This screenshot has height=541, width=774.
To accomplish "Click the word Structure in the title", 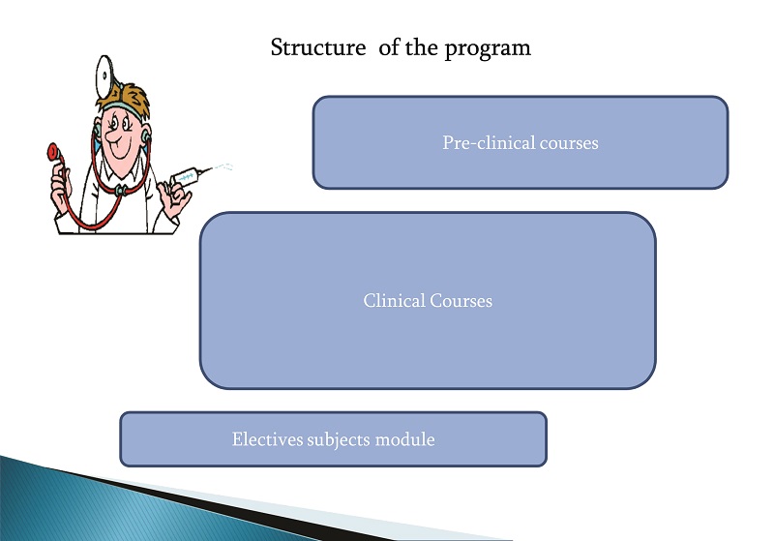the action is pyautogui.click(x=318, y=47).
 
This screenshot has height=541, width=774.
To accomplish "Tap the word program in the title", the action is pyautogui.click(x=488, y=49).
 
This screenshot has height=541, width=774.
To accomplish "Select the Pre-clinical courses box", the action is pyautogui.click(x=521, y=142).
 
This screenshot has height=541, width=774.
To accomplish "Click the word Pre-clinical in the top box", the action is pyautogui.click(x=489, y=142).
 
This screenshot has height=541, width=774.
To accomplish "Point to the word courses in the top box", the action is pyautogui.click(x=569, y=143).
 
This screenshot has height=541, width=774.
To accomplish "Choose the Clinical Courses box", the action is pyautogui.click(x=428, y=301).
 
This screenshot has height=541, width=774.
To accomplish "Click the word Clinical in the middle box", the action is pyautogui.click(x=394, y=301).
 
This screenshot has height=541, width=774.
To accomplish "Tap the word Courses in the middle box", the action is pyautogui.click(x=461, y=301).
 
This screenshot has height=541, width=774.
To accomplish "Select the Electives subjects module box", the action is pyautogui.click(x=333, y=439).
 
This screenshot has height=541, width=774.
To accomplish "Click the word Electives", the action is pyautogui.click(x=268, y=439).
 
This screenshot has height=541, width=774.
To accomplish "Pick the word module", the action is pyautogui.click(x=404, y=439).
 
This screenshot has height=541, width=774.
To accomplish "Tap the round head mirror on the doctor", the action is pyautogui.click(x=104, y=76).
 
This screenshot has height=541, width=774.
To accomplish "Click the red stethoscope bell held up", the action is pyautogui.click(x=52, y=152).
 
